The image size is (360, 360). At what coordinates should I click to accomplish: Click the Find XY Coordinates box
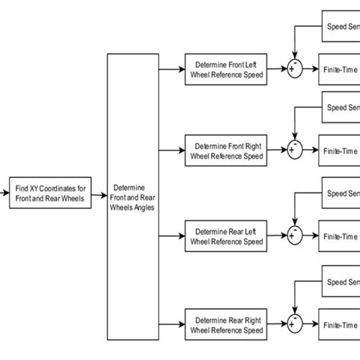51,193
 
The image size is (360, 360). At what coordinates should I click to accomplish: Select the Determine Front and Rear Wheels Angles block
134,197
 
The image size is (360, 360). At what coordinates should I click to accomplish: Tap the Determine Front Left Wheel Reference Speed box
226,68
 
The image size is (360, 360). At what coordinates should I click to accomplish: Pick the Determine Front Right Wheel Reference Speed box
226,150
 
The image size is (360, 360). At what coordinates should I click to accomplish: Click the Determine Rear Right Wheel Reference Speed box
226,324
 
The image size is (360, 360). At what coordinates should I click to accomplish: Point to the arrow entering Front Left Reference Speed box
172,68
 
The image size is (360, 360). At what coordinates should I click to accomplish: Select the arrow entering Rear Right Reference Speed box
172,324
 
